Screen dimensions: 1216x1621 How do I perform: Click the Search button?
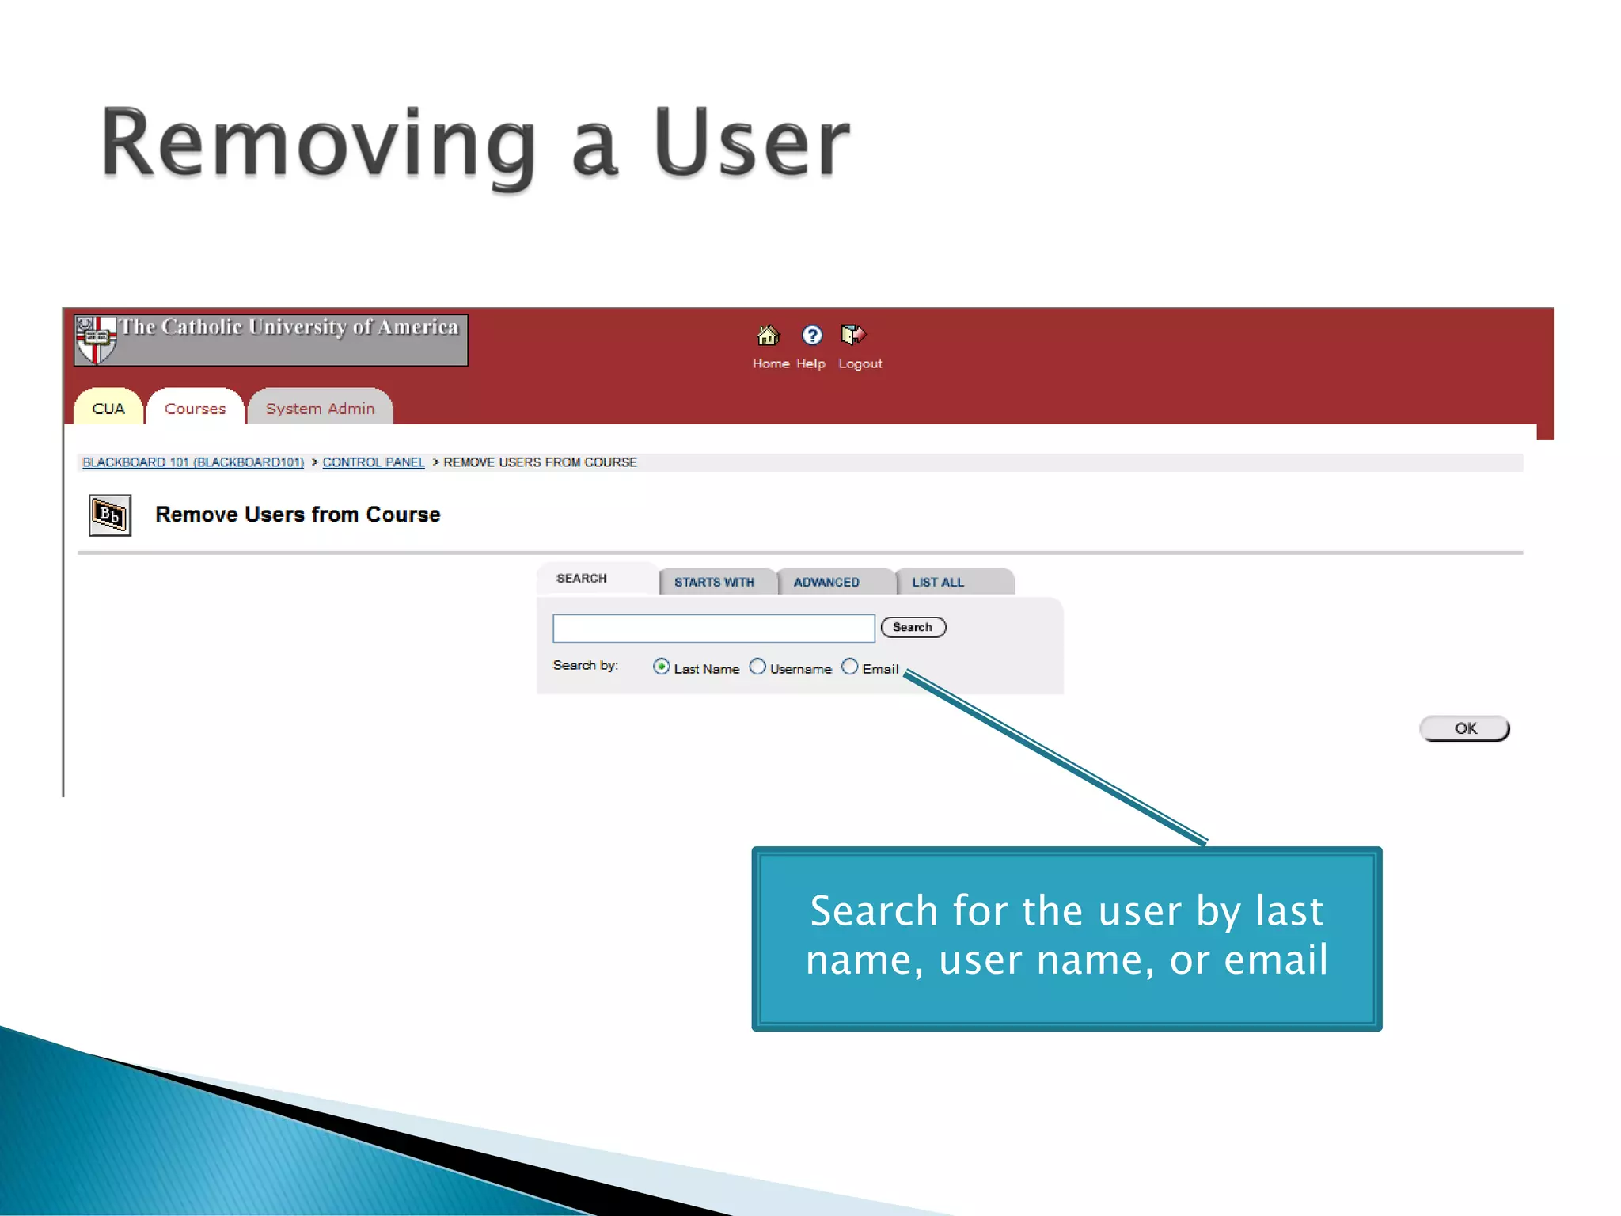pyautogui.click(x=913, y=627)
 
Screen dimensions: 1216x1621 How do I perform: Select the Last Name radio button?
pyautogui.click(x=662, y=667)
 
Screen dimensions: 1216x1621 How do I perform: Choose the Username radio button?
pyautogui.click(x=757, y=667)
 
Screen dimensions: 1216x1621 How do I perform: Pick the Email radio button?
pyautogui.click(x=849, y=667)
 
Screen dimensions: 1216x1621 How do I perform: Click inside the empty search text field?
pyautogui.click(x=713, y=629)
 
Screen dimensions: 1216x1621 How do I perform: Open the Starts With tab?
pyautogui.click(x=714, y=582)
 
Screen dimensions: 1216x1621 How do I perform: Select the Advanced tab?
pyautogui.click(x=826, y=582)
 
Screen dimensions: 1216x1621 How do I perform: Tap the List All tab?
pyautogui.click(x=938, y=582)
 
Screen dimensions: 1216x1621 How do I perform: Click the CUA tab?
pyautogui.click(x=108, y=408)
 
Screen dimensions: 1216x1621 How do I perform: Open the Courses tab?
pyautogui.click(x=196, y=408)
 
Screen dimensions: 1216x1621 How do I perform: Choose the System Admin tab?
pyautogui.click(x=320, y=408)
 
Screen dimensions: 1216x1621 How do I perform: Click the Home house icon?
pyautogui.click(x=768, y=336)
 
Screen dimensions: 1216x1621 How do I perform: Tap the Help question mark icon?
pyautogui.click(x=811, y=336)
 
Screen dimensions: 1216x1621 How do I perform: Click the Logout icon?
pyautogui.click(x=853, y=336)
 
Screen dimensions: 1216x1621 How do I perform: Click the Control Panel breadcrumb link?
pyautogui.click(x=374, y=462)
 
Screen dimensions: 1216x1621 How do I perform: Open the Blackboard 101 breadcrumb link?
pyautogui.click(x=193, y=462)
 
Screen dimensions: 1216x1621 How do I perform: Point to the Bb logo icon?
pyautogui.click(x=110, y=515)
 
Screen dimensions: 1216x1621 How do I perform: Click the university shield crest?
pyautogui.click(x=96, y=340)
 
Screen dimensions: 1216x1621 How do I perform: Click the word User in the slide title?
pyautogui.click(x=750, y=143)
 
